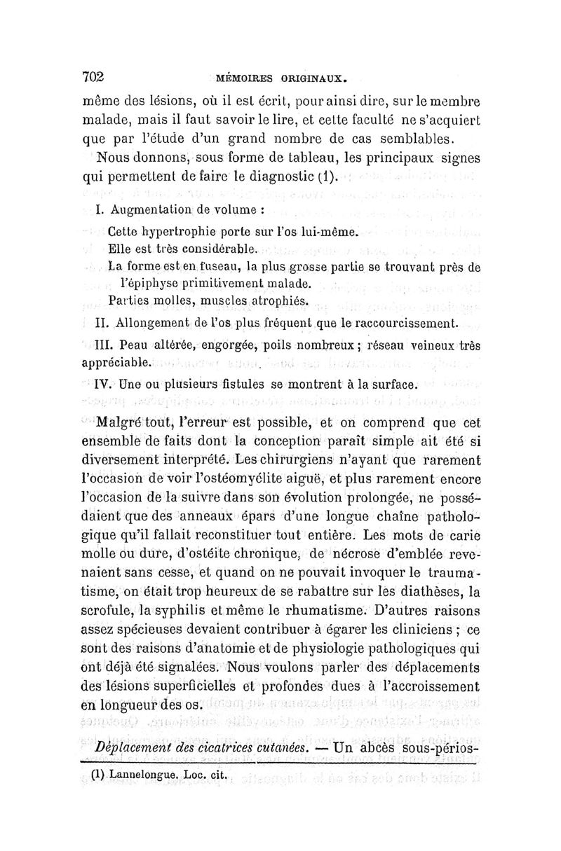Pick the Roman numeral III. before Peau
click(100, 345)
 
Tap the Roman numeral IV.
click(102, 384)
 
